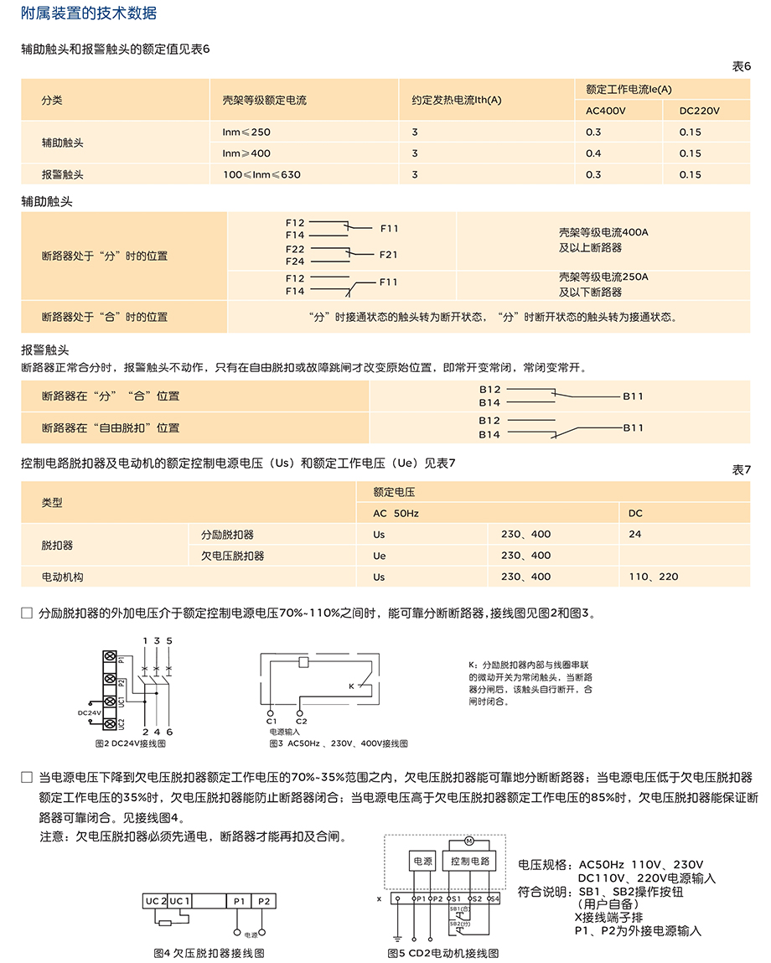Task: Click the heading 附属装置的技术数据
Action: point(88,13)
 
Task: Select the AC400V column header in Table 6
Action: point(606,111)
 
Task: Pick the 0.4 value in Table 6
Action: point(593,153)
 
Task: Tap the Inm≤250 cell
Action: point(246,132)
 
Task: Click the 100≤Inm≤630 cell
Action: point(261,175)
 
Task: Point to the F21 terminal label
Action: point(388,255)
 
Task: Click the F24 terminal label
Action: point(295,261)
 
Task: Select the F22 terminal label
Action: point(295,249)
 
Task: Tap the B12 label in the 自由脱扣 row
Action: point(489,421)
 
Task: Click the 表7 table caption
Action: point(742,469)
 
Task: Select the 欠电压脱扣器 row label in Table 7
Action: point(232,556)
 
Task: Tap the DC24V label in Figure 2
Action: point(89,712)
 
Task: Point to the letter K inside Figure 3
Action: point(351,686)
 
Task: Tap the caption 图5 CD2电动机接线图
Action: point(442,953)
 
